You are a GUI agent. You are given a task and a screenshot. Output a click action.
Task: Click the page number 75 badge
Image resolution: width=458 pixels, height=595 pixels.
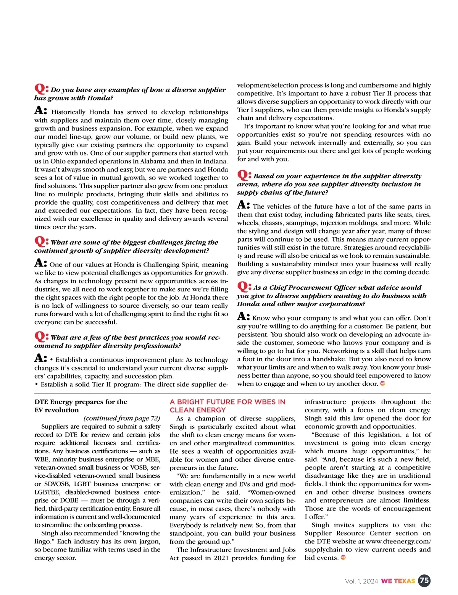coord(424,580)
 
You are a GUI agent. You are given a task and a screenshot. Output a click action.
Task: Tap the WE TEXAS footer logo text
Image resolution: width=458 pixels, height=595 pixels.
coord(398,581)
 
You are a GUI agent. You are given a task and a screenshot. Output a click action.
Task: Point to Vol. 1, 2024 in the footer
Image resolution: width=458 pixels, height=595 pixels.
coord(361,581)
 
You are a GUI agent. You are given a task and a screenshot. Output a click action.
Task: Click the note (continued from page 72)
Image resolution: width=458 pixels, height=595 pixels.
coord(122,418)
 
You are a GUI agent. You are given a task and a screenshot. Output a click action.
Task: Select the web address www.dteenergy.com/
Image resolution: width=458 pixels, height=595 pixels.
coord(398,542)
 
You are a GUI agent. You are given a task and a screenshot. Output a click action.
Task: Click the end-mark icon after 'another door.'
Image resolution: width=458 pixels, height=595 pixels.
coord(383,383)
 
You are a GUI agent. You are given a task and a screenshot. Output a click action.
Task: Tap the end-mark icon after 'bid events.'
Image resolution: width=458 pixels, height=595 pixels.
coord(343,558)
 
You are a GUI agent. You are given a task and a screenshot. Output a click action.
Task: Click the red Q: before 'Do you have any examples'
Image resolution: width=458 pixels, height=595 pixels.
coord(41,89)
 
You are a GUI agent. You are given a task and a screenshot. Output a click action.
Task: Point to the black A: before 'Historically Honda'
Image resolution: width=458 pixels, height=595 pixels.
coord(41,111)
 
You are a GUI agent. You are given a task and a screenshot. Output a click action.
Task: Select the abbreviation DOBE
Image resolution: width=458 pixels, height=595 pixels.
coord(69,500)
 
